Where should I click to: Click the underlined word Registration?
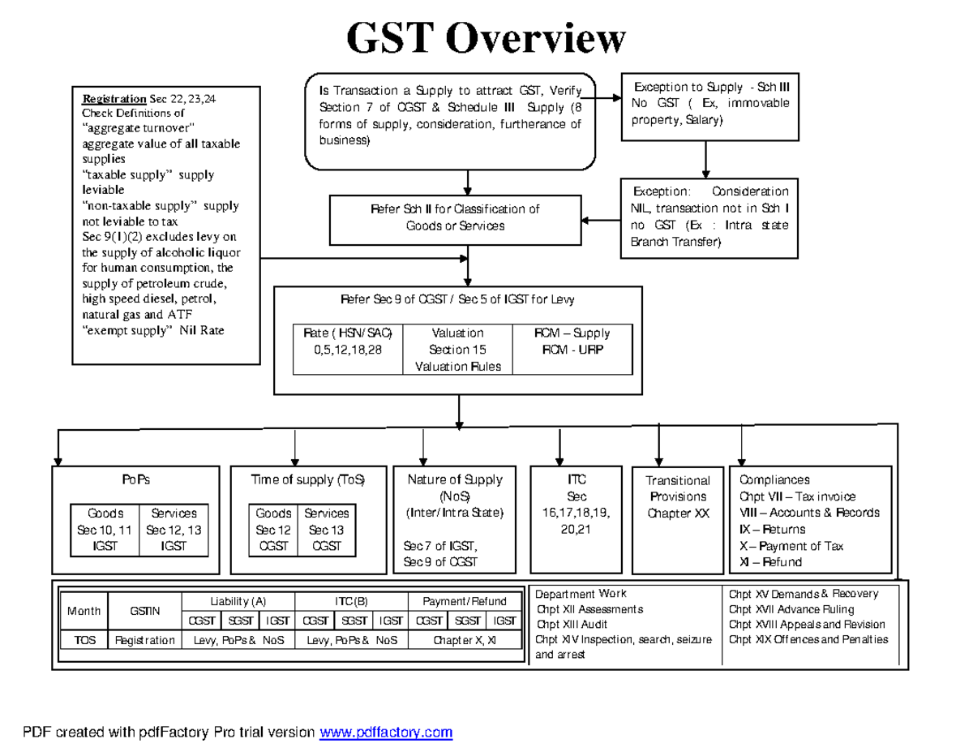pos(114,99)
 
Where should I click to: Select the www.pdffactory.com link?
pos(386,733)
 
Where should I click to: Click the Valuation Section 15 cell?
pos(458,350)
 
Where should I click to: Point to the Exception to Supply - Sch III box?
pos(705,103)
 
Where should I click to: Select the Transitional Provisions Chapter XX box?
pos(678,496)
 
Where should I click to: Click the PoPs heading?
pos(136,479)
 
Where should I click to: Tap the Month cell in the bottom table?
pos(84,611)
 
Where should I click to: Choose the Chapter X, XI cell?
pos(465,640)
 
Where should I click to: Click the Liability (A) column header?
pos(238,601)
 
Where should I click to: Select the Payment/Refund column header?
pos(465,601)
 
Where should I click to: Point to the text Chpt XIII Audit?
pos(572,624)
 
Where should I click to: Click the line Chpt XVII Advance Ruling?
pos(791,608)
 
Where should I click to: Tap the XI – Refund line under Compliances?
pos(770,562)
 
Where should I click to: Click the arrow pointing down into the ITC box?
pos(559,449)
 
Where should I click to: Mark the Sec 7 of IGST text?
pos(440,545)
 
